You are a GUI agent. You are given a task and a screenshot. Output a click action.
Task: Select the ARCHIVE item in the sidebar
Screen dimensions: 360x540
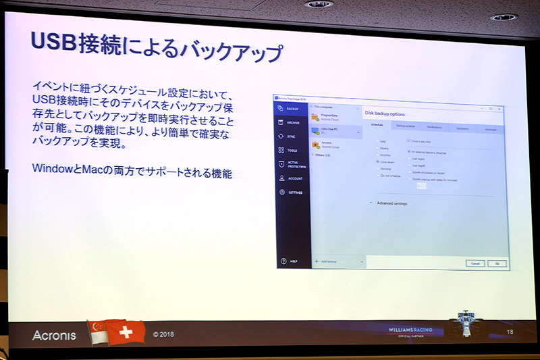292,122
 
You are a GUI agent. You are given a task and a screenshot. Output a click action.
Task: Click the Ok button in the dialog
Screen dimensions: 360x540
496,263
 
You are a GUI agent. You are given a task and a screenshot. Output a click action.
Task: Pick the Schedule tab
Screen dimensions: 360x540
377,126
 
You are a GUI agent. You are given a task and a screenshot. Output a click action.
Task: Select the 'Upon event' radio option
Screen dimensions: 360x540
388,162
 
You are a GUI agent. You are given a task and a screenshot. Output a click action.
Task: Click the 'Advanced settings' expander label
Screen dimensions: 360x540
391,203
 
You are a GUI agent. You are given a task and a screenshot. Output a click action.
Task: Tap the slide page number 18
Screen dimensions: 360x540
510,331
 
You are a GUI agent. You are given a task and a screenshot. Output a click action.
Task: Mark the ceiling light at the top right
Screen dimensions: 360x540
504,17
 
